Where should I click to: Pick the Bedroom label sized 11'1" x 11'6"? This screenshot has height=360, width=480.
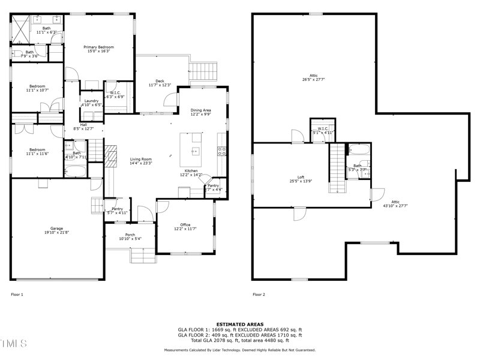[x=37, y=152]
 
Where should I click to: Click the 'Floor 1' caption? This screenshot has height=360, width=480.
[x=17, y=295]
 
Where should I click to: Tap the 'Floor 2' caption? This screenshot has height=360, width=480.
[x=259, y=295]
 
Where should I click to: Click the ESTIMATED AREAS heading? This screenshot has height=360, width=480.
[x=240, y=324]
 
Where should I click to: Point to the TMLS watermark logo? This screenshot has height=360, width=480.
[x=14, y=344]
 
